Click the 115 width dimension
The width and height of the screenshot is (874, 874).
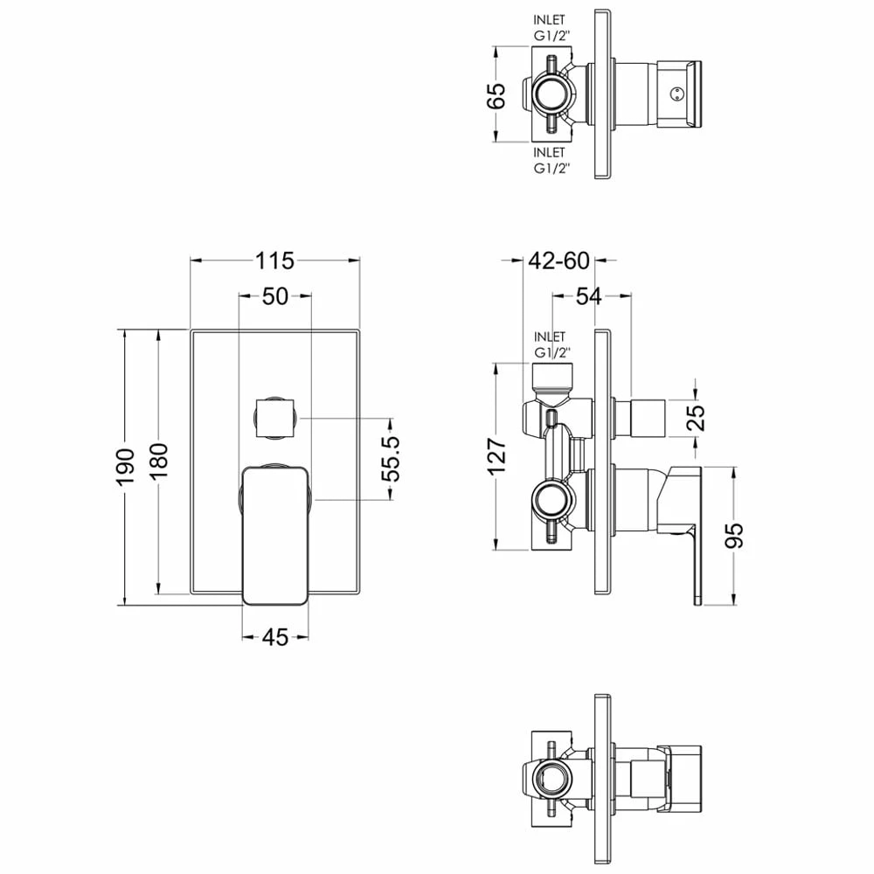click(x=274, y=260)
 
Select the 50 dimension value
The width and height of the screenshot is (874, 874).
click(x=274, y=296)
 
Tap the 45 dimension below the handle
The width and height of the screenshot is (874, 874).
click(x=274, y=637)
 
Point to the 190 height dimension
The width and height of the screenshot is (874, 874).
click(x=127, y=467)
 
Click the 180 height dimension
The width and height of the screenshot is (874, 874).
click(x=159, y=461)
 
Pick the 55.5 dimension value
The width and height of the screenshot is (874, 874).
click(x=392, y=459)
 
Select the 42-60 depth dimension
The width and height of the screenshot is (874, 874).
click(x=558, y=260)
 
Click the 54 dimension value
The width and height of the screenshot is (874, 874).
click(x=588, y=296)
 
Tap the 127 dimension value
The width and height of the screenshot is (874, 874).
click(x=497, y=456)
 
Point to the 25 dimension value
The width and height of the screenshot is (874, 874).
click(x=696, y=418)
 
